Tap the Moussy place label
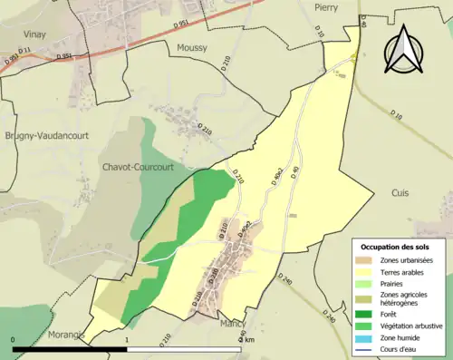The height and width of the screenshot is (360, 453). pyautogui.click(x=192, y=47)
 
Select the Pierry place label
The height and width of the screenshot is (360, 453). pyautogui.click(x=325, y=6)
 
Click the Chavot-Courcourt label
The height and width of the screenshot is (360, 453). pyautogui.click(x=138, y=168)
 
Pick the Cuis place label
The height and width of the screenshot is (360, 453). pyautogui.click(x=400, y=193)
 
